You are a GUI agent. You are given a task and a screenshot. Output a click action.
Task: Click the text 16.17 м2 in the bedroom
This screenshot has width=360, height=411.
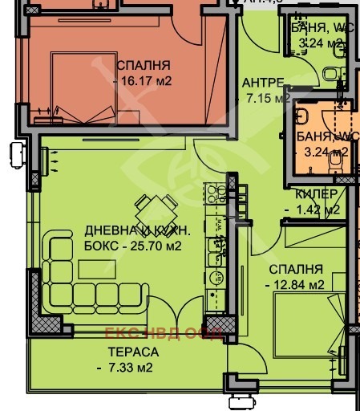(144, 81)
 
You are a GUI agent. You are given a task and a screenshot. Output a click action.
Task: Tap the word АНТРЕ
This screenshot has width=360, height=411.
(262, 83)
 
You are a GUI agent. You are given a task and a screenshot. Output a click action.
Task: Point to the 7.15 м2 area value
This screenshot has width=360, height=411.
(266, 100)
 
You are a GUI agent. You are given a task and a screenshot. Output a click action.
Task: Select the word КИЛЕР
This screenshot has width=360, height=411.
(315, 194)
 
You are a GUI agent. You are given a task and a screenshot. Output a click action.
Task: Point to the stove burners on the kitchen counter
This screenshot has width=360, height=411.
(215, 194)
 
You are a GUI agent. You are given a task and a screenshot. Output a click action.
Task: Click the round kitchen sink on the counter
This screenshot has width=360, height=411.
(214, 278)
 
